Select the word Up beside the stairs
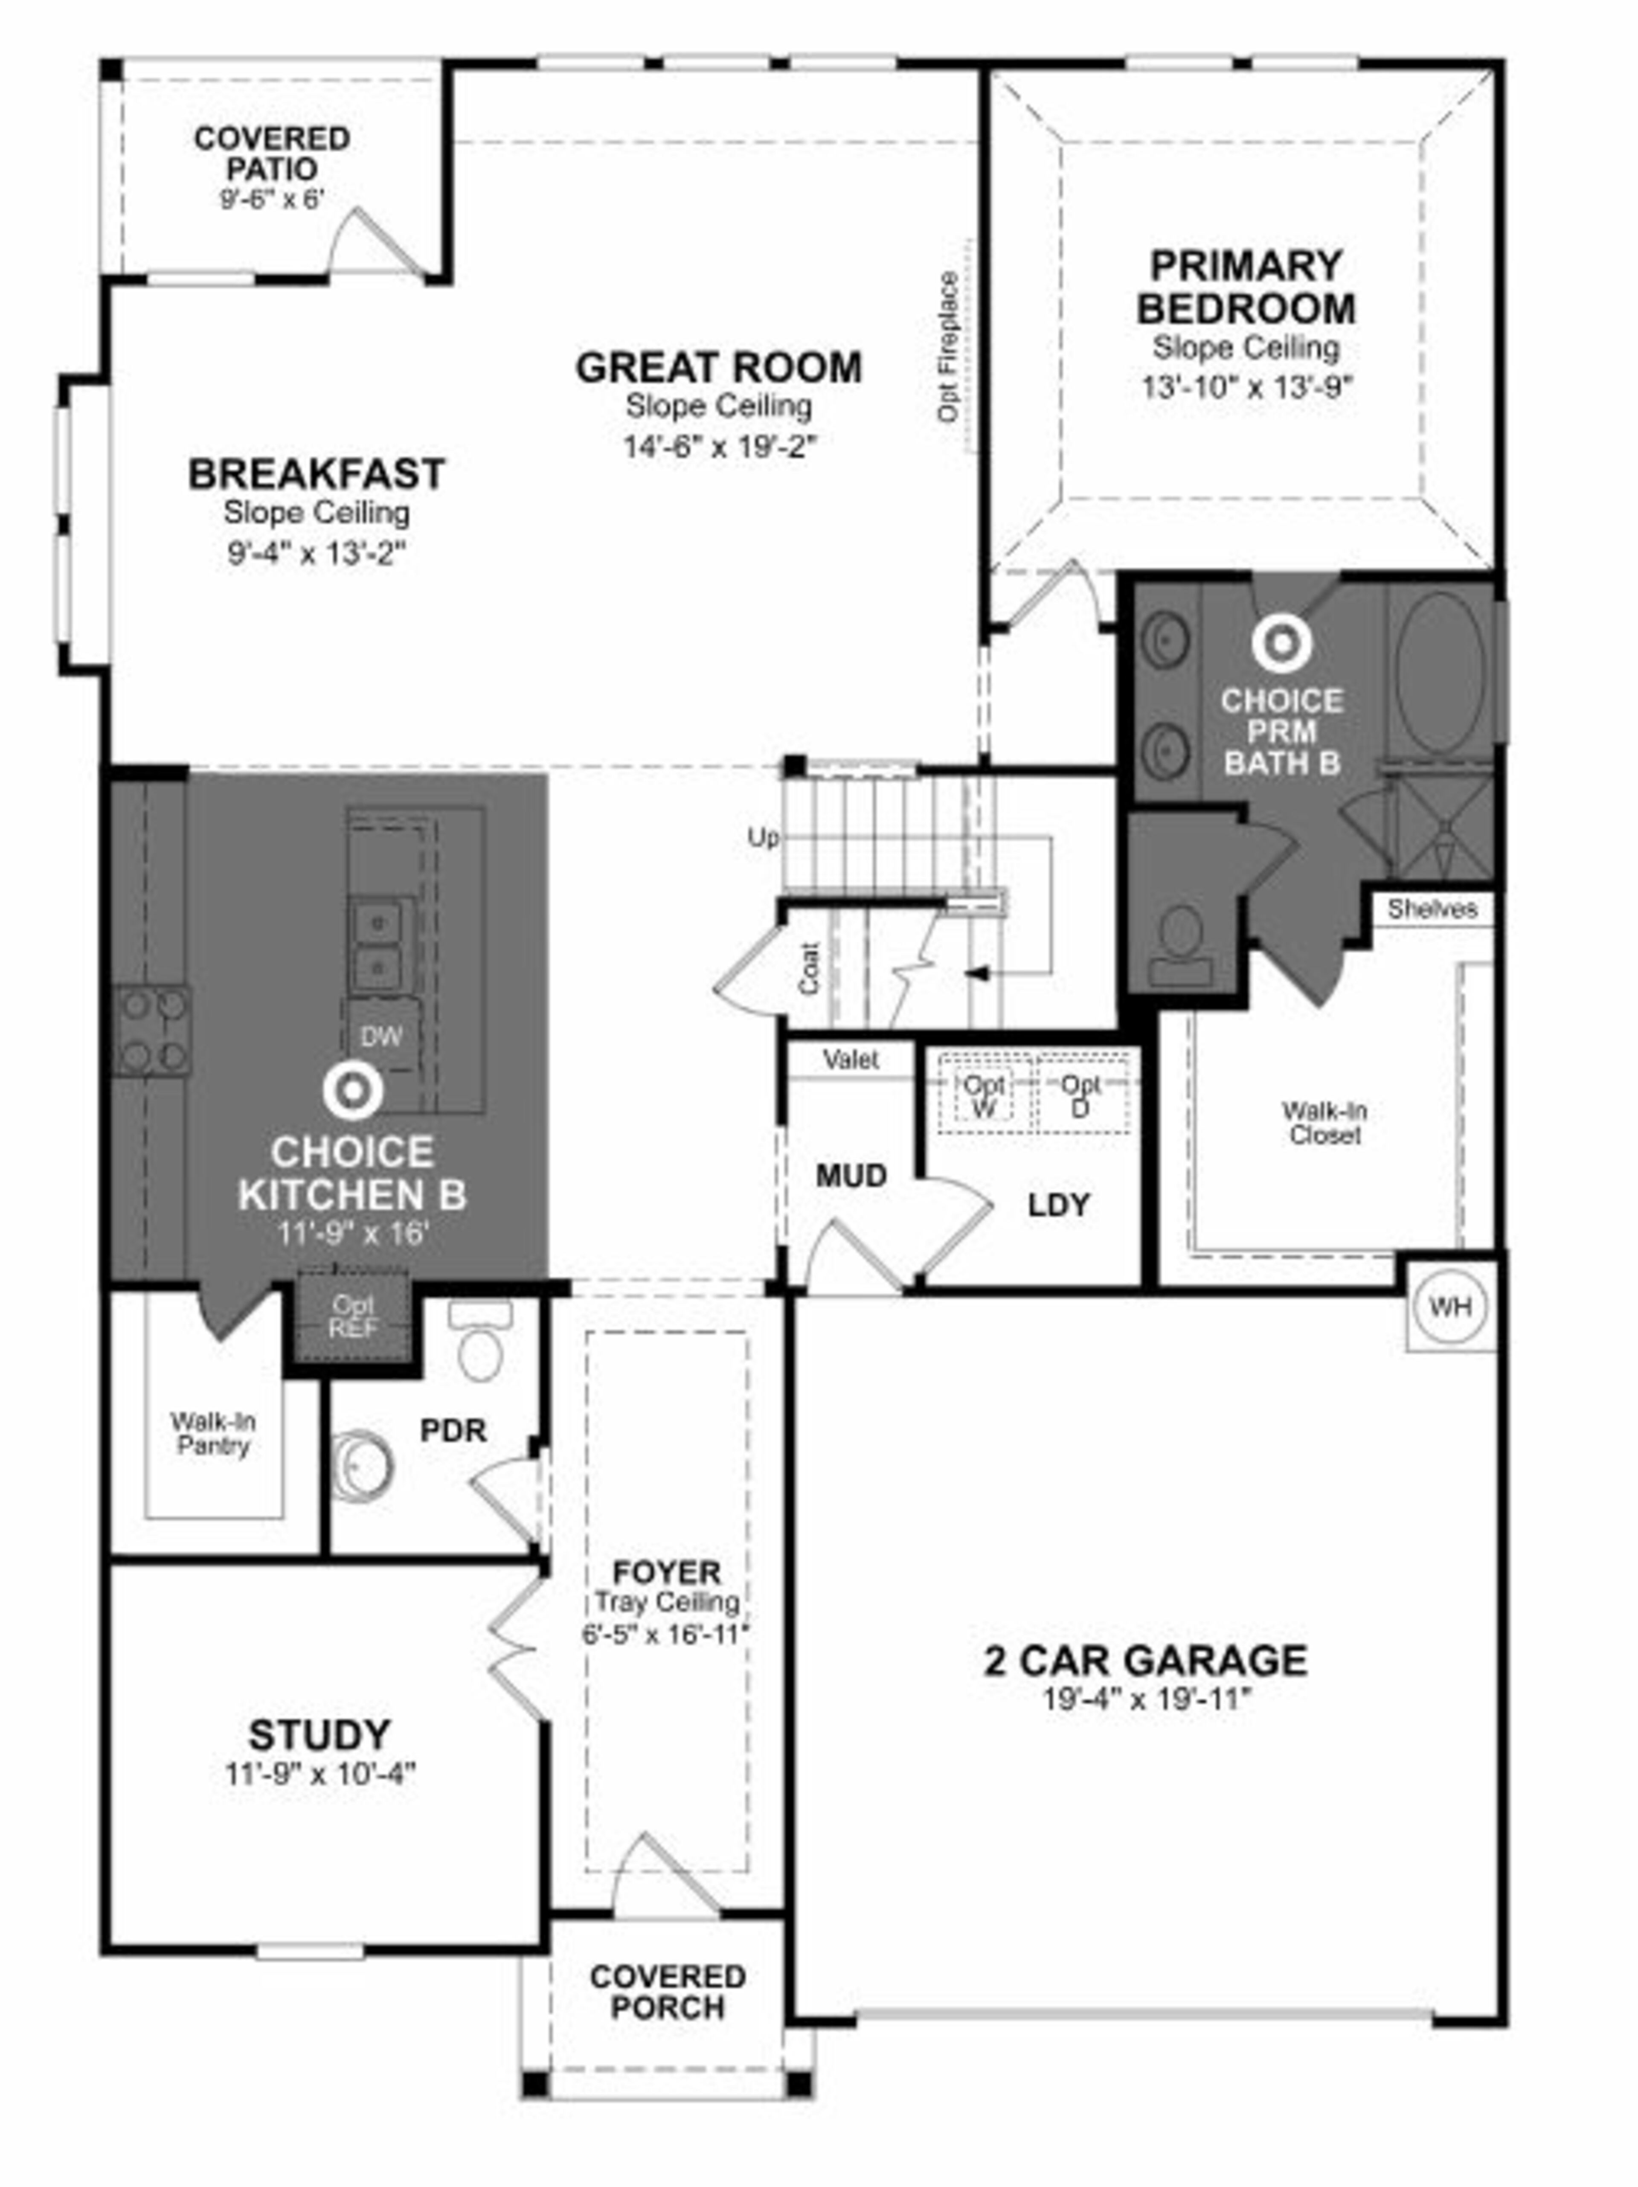click(762, 837)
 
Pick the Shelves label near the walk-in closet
click(1432, 909)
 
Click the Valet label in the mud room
click(850, 1060)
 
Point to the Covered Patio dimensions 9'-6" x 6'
click(272, 199)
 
